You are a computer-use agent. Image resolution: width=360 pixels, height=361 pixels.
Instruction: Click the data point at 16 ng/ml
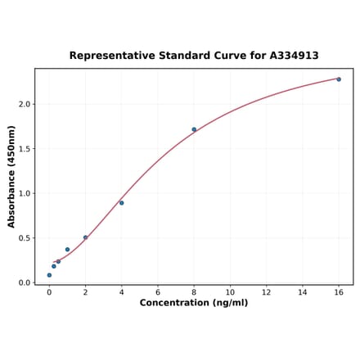pos(339,79)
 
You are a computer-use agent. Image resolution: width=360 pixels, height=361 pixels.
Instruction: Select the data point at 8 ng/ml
pos(194,129)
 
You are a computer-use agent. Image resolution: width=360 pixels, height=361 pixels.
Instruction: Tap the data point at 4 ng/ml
pos(122,203)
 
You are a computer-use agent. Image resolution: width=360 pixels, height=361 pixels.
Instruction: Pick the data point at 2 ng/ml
pos(85,238)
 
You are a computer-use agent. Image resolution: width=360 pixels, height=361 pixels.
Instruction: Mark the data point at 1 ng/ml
pos(67,250)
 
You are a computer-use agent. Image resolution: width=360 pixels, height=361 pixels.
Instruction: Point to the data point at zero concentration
pos(49,275)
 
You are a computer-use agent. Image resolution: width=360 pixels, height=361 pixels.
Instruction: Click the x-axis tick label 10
pos(230,292)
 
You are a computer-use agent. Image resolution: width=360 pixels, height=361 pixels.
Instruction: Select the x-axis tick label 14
pos(303,292)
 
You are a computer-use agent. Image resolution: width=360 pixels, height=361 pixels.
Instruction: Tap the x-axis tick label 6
pos(158,292)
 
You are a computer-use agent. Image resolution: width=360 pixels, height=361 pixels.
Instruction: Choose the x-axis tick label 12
pos(267,292)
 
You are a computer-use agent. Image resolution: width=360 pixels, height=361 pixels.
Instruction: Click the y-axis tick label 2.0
pos(25,105)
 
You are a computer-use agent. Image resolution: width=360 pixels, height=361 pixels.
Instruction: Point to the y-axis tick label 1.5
pos(25,149)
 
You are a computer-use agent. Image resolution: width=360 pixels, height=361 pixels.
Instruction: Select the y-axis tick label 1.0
pos(25,194)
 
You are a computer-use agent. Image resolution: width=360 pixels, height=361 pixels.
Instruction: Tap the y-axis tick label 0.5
pos(25,239)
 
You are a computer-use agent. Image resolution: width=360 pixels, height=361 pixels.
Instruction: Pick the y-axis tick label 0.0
pos(25,283)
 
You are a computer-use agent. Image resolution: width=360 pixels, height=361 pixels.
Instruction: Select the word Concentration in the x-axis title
pos(173,303)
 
